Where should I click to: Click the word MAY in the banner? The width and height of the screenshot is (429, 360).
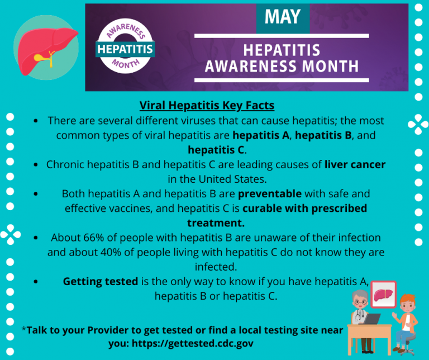pos(282,17)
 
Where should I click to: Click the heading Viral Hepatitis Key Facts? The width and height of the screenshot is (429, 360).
pos(207,106)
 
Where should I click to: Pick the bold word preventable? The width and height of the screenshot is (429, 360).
pos(270,194)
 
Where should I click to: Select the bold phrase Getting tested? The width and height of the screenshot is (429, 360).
pos(100,281)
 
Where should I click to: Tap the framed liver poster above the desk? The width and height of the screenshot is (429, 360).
pos(383,295)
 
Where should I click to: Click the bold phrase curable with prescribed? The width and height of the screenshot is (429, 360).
pos(304,209)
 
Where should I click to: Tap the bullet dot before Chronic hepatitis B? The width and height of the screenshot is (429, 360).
pos(36,165)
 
